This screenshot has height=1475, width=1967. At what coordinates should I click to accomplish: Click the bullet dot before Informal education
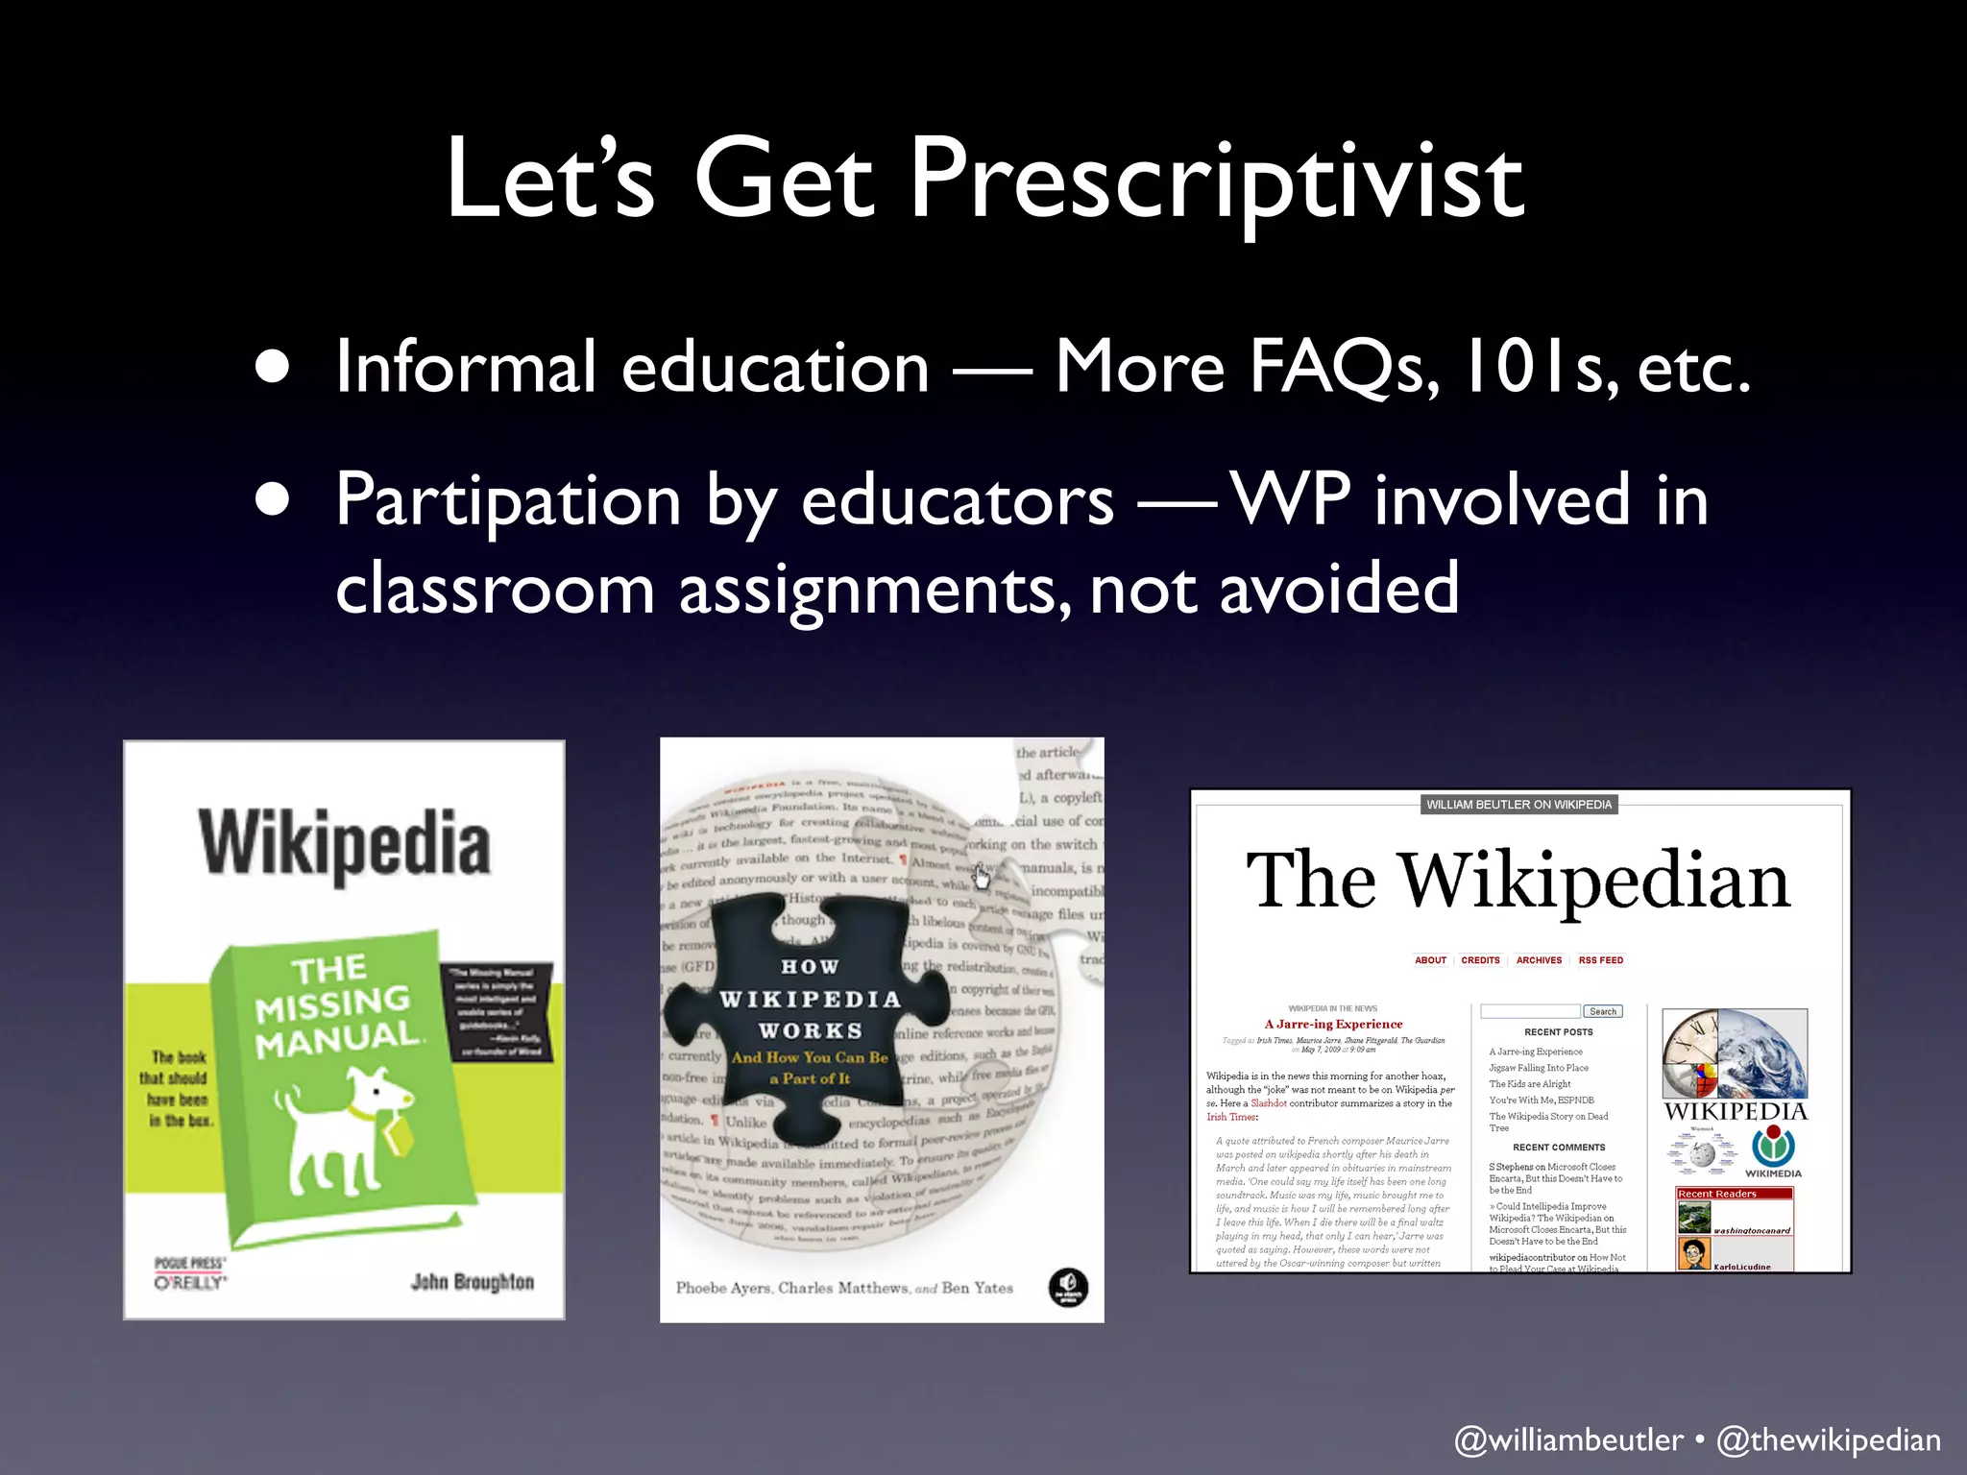tap(274, 367)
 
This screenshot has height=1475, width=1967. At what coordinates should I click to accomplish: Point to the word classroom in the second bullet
tap(495, 588)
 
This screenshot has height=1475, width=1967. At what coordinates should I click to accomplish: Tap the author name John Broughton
tap(472, 1282)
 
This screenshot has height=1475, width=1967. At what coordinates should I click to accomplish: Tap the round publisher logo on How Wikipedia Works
tap(1068, 1288)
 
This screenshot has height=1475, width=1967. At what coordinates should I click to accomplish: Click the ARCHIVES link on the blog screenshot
tap(1539, 960)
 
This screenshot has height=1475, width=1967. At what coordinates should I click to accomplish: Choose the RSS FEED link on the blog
tap(1601, 960)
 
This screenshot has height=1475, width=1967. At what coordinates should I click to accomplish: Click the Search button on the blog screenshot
tap(1603, 1011)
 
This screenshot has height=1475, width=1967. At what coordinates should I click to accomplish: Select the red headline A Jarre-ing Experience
tap(1333, 1025)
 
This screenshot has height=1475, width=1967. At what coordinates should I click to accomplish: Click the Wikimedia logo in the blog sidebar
tap(1773, 1149)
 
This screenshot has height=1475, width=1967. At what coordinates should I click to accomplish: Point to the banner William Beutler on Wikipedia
tap(1518, 805)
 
